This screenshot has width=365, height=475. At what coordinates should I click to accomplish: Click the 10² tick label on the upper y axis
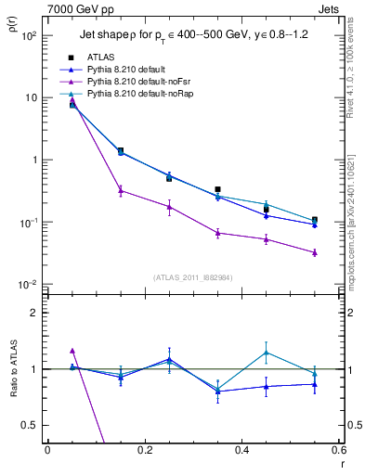pos(29,35)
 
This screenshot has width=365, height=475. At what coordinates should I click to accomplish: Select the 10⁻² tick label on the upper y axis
pos(29,285)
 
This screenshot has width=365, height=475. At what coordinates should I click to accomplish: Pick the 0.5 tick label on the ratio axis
pos(30,425)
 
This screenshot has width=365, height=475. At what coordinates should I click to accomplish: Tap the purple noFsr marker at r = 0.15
pos(120,191)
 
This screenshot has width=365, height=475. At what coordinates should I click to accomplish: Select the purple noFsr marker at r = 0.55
pos(315,252)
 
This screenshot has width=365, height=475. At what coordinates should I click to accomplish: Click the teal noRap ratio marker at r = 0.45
pos(267,353)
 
